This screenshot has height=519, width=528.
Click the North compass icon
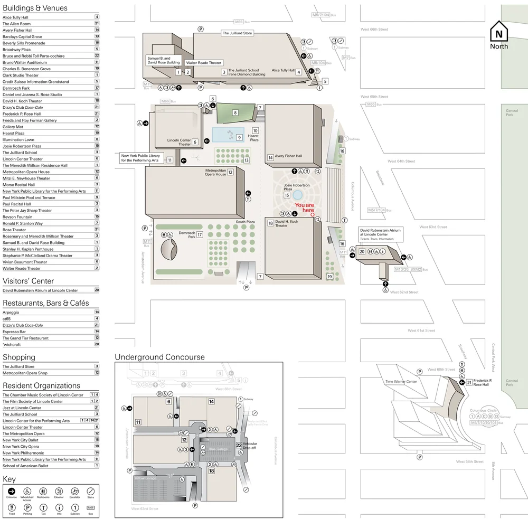[498, 33]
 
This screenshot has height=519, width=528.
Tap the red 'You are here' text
[304, 207]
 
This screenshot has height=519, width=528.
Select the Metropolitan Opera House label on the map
[215, 172]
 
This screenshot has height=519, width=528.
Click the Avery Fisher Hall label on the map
[288, 156]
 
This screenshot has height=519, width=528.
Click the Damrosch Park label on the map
[187, 235]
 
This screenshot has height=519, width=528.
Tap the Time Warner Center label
[401, 382]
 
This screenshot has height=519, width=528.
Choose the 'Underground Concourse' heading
[159, 357]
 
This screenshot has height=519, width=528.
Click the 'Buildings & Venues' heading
[35, 8]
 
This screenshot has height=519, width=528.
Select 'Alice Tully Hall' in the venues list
[16, 17]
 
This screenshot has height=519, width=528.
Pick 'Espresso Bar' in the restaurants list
[14, 332]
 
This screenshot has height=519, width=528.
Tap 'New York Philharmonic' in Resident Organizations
[23, 453]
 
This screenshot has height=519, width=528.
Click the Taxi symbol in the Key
[43, 507]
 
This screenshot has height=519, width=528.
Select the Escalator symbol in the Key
[74, 492]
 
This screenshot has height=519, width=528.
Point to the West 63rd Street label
[433, 227]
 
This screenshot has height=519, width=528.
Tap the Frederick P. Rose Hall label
[483, 382]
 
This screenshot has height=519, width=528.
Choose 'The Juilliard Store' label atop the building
[237, 33]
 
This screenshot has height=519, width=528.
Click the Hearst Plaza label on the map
[254, 138]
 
